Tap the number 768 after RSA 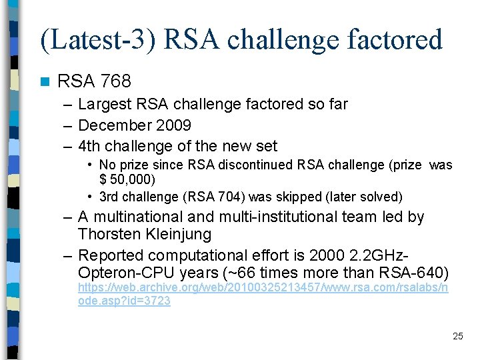pos(116,81)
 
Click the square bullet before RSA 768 pos(44,82)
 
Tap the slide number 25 pos(457,336)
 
